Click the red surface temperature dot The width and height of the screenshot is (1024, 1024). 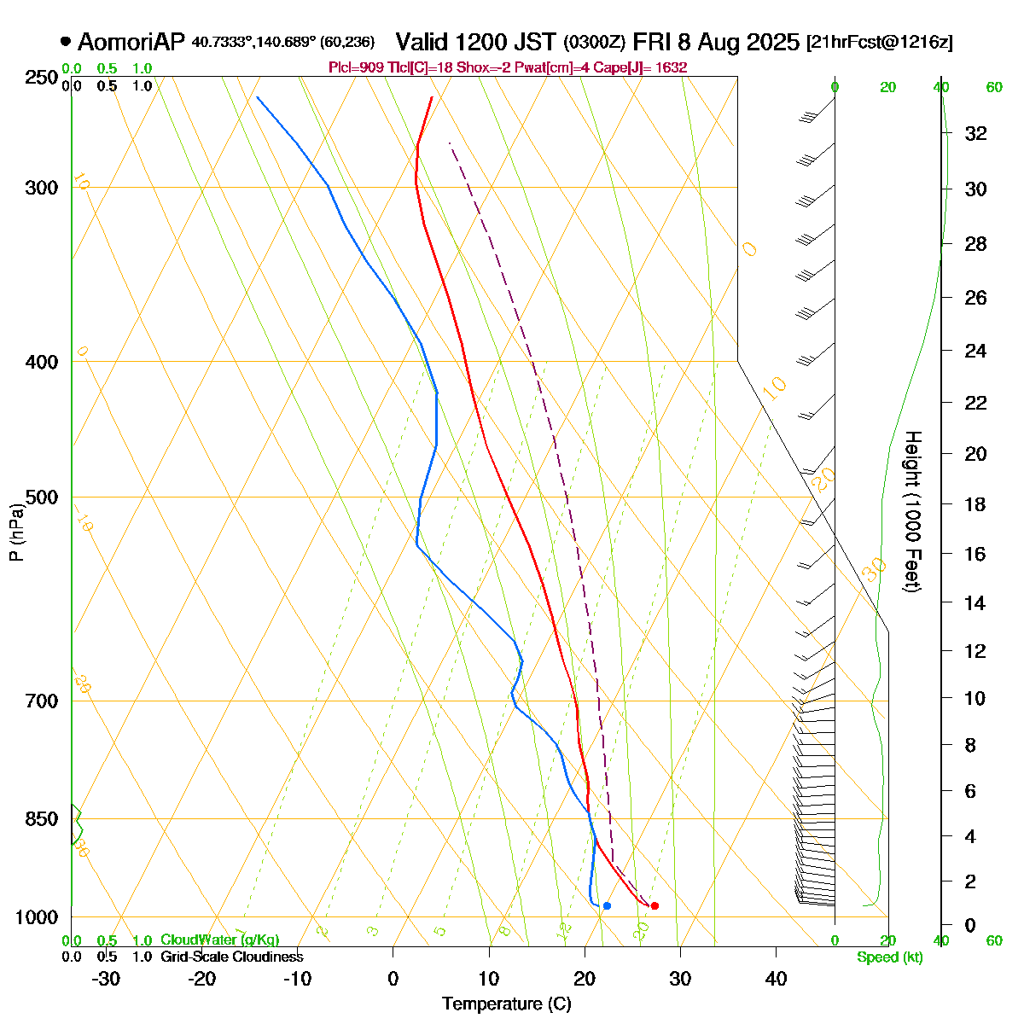coord(655,905)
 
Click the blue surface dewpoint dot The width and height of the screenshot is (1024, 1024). coord(607,905)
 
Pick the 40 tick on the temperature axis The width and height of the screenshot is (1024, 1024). coord(776,978)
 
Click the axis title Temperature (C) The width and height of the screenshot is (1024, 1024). coord(507,1004)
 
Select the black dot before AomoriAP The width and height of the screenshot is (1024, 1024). coord(66,41)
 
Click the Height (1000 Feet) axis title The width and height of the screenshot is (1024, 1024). coord(912,512)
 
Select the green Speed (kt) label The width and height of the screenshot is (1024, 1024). coord(890,957)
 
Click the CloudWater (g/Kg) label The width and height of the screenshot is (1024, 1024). coord(219,940)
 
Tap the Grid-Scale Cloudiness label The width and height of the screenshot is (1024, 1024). coord(231,957)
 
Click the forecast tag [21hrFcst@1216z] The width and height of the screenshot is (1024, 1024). coord(879,43)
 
